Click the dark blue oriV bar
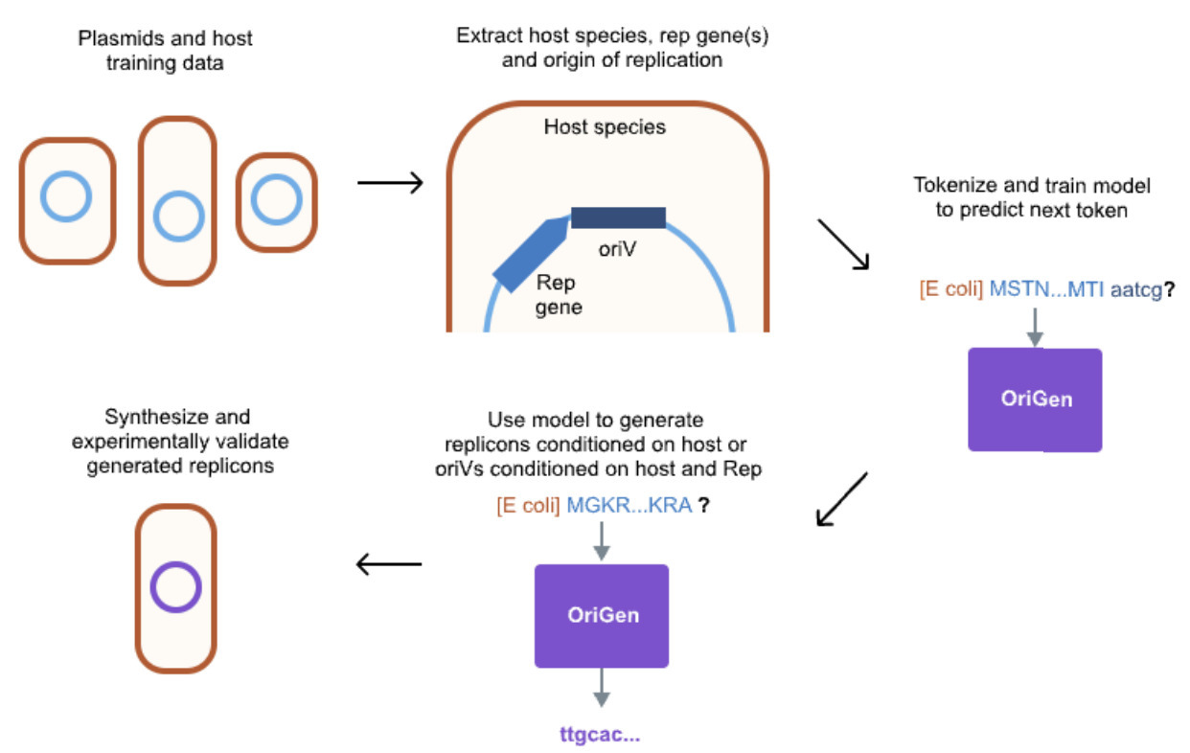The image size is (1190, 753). pos(618,217)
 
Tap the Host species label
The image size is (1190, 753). pos(605,126)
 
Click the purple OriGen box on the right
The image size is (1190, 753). pos(1035,399)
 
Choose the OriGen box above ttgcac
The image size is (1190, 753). pos(602,615)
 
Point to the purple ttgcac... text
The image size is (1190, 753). pos(600,735)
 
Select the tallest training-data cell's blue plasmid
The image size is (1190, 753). pos(177,217)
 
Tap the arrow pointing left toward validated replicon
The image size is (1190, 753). pos(389,564)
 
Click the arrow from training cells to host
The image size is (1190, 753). pos(390,182)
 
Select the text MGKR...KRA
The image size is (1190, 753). pos(629,505)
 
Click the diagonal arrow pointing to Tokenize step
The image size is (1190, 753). pos(842,244)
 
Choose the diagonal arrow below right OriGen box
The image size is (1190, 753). pos(842,498)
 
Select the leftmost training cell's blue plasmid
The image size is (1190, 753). pos(67,198)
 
